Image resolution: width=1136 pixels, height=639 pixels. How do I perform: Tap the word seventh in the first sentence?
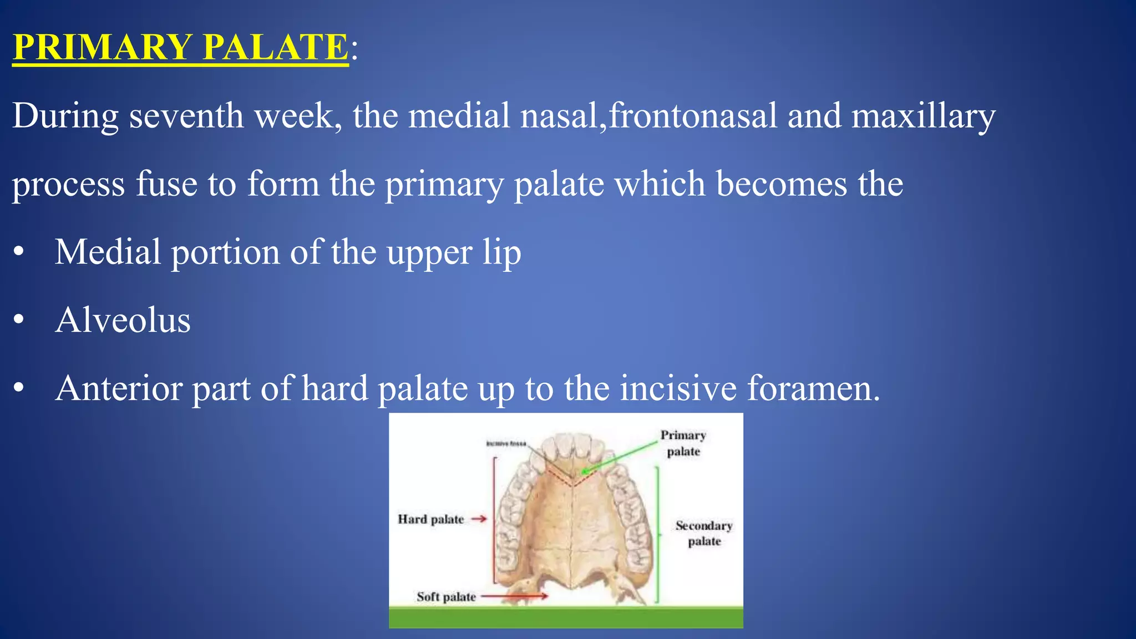tap(186, 116)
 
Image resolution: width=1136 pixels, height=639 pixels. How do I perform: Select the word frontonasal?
tap(693, 116)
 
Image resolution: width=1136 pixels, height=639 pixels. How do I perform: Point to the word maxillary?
tap(923, 117)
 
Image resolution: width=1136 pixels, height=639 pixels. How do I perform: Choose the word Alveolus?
tap(123, 320)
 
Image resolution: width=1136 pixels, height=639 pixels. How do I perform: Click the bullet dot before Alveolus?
tap(19, 320)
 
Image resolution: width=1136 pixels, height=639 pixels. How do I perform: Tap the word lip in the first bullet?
tap(501, 253)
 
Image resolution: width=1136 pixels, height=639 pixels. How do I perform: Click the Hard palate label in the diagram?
tap(430, 520)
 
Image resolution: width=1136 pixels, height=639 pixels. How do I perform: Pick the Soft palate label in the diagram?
tap(446, 597)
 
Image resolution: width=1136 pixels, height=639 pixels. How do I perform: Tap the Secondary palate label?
tap(704, 533)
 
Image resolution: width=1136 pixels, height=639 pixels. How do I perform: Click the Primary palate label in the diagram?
tap(683, 443)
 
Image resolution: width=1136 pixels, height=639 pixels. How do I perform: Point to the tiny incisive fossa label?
tap(505, 443)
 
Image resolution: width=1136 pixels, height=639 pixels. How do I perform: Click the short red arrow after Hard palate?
tap(479, 519)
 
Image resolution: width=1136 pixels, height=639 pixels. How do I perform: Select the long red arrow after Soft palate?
tap(514, 597)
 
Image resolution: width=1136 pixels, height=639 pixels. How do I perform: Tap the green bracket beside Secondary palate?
tap(657, 535)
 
